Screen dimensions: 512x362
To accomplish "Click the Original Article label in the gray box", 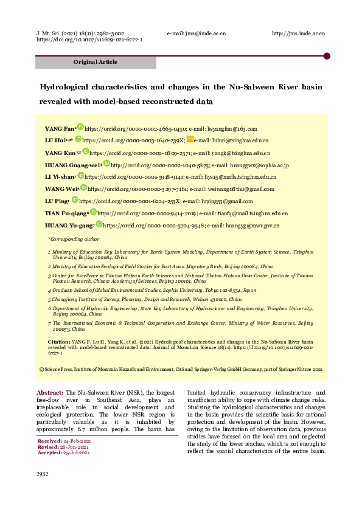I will point(96,62).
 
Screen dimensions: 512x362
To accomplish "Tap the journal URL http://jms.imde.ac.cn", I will point(298,33).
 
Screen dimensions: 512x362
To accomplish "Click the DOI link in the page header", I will point(89,40).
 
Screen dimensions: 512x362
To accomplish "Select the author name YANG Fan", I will point(59,129).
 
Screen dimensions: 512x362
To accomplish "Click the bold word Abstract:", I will point(50,393).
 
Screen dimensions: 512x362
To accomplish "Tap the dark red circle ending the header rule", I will point(327,56).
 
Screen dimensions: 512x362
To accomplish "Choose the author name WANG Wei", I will point(57,189).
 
